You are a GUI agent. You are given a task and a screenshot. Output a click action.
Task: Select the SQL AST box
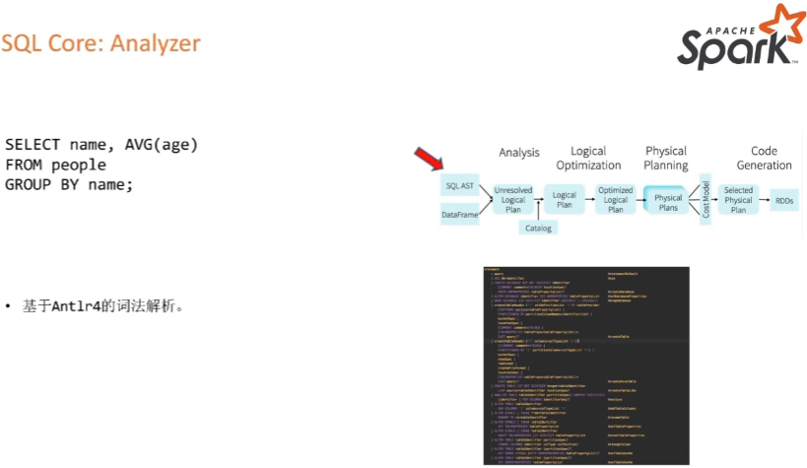(460, 184)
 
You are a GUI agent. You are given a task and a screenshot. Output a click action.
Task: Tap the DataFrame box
(460, 213)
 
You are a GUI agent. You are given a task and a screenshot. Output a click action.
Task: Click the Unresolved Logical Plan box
(513, 199)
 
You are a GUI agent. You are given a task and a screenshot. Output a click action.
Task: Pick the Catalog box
(539, 228)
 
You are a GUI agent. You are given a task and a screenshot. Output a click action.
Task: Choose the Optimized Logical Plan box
(616, 199)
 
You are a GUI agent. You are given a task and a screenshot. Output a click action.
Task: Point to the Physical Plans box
(668, 198)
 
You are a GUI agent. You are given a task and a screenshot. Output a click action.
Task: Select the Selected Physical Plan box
(738, 199)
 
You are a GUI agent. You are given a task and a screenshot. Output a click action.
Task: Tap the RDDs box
(784, 199)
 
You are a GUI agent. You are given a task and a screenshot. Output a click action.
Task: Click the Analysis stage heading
(519, 153)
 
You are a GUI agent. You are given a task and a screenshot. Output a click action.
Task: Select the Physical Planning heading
(666, 158)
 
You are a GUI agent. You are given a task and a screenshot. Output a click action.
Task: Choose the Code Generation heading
(764, 159)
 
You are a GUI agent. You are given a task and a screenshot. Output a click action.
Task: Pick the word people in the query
(78, 165)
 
